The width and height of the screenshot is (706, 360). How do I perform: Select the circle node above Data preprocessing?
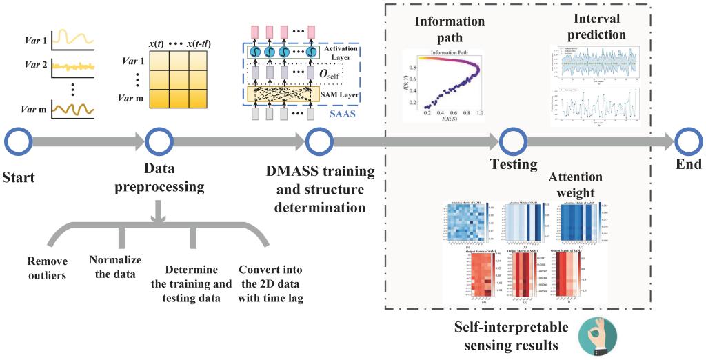coord(159,142)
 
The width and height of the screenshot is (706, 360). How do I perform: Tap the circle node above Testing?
coord(513,142)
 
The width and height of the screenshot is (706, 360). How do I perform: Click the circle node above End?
coord(687,142)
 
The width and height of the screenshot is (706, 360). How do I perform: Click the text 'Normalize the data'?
coord(115,266)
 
